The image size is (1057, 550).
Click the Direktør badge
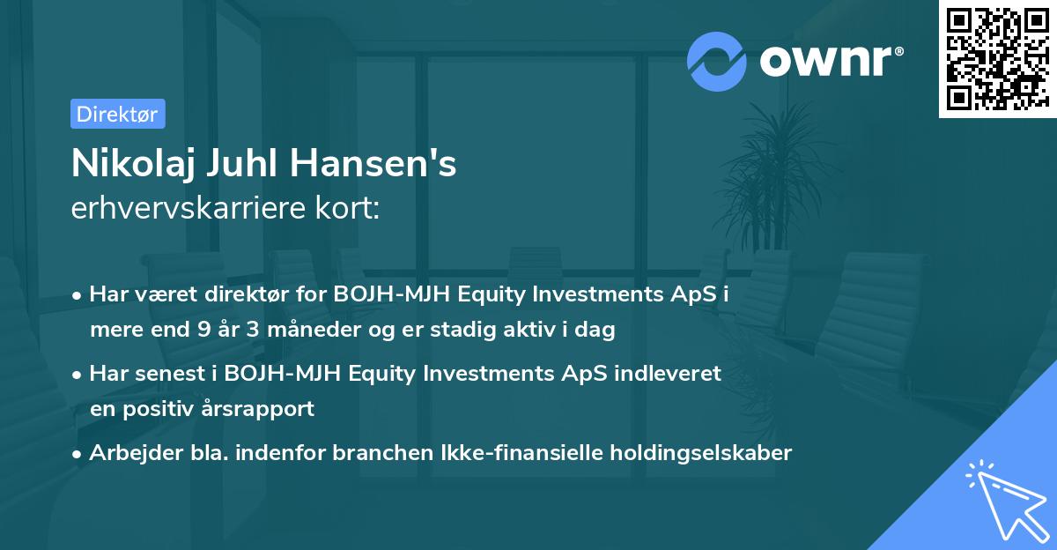coord(117,114)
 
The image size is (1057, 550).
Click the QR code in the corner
coord(997,58)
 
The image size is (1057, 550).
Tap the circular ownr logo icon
coord(716,61)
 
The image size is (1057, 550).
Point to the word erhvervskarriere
coord(187,210)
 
